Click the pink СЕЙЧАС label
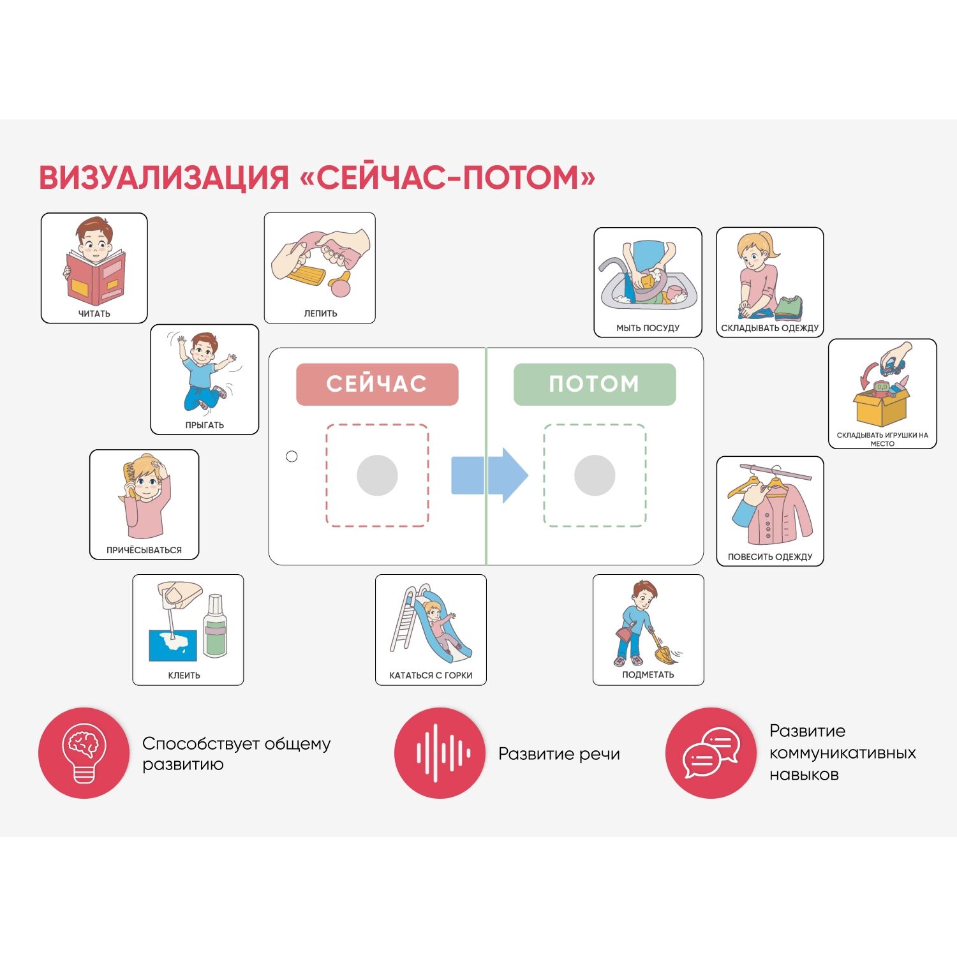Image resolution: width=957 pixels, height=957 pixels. click(x=377, y=384)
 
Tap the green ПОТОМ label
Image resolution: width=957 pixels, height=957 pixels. click(x=595, y=384)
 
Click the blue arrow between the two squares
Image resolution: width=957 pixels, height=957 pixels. click(x=489, y=475)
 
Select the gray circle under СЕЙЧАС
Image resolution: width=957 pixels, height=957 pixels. click(x=377, y=475)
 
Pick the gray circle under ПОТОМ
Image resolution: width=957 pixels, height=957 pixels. click(x=595, y=475)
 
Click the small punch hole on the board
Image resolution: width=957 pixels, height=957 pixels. click(x=292, y=456)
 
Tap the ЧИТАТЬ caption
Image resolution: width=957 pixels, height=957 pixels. click(x=94, y=314)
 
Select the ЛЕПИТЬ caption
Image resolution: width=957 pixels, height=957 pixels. click(x=320, y=314)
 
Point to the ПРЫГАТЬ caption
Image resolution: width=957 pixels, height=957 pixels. click(x=205, y=425)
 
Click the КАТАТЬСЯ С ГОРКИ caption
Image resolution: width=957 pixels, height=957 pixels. click(x=431, y=675)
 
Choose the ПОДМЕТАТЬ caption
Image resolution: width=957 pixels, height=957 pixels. click(x=648, y=675)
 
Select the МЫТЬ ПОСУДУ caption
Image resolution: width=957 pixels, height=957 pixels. click(x=648, y=328)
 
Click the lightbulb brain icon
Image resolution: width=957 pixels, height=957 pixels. click(x=84, y=753)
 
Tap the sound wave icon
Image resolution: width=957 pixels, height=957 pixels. click(x=440, y=753)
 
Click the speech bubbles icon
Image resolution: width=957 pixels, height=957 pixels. click(x=711, y=753)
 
